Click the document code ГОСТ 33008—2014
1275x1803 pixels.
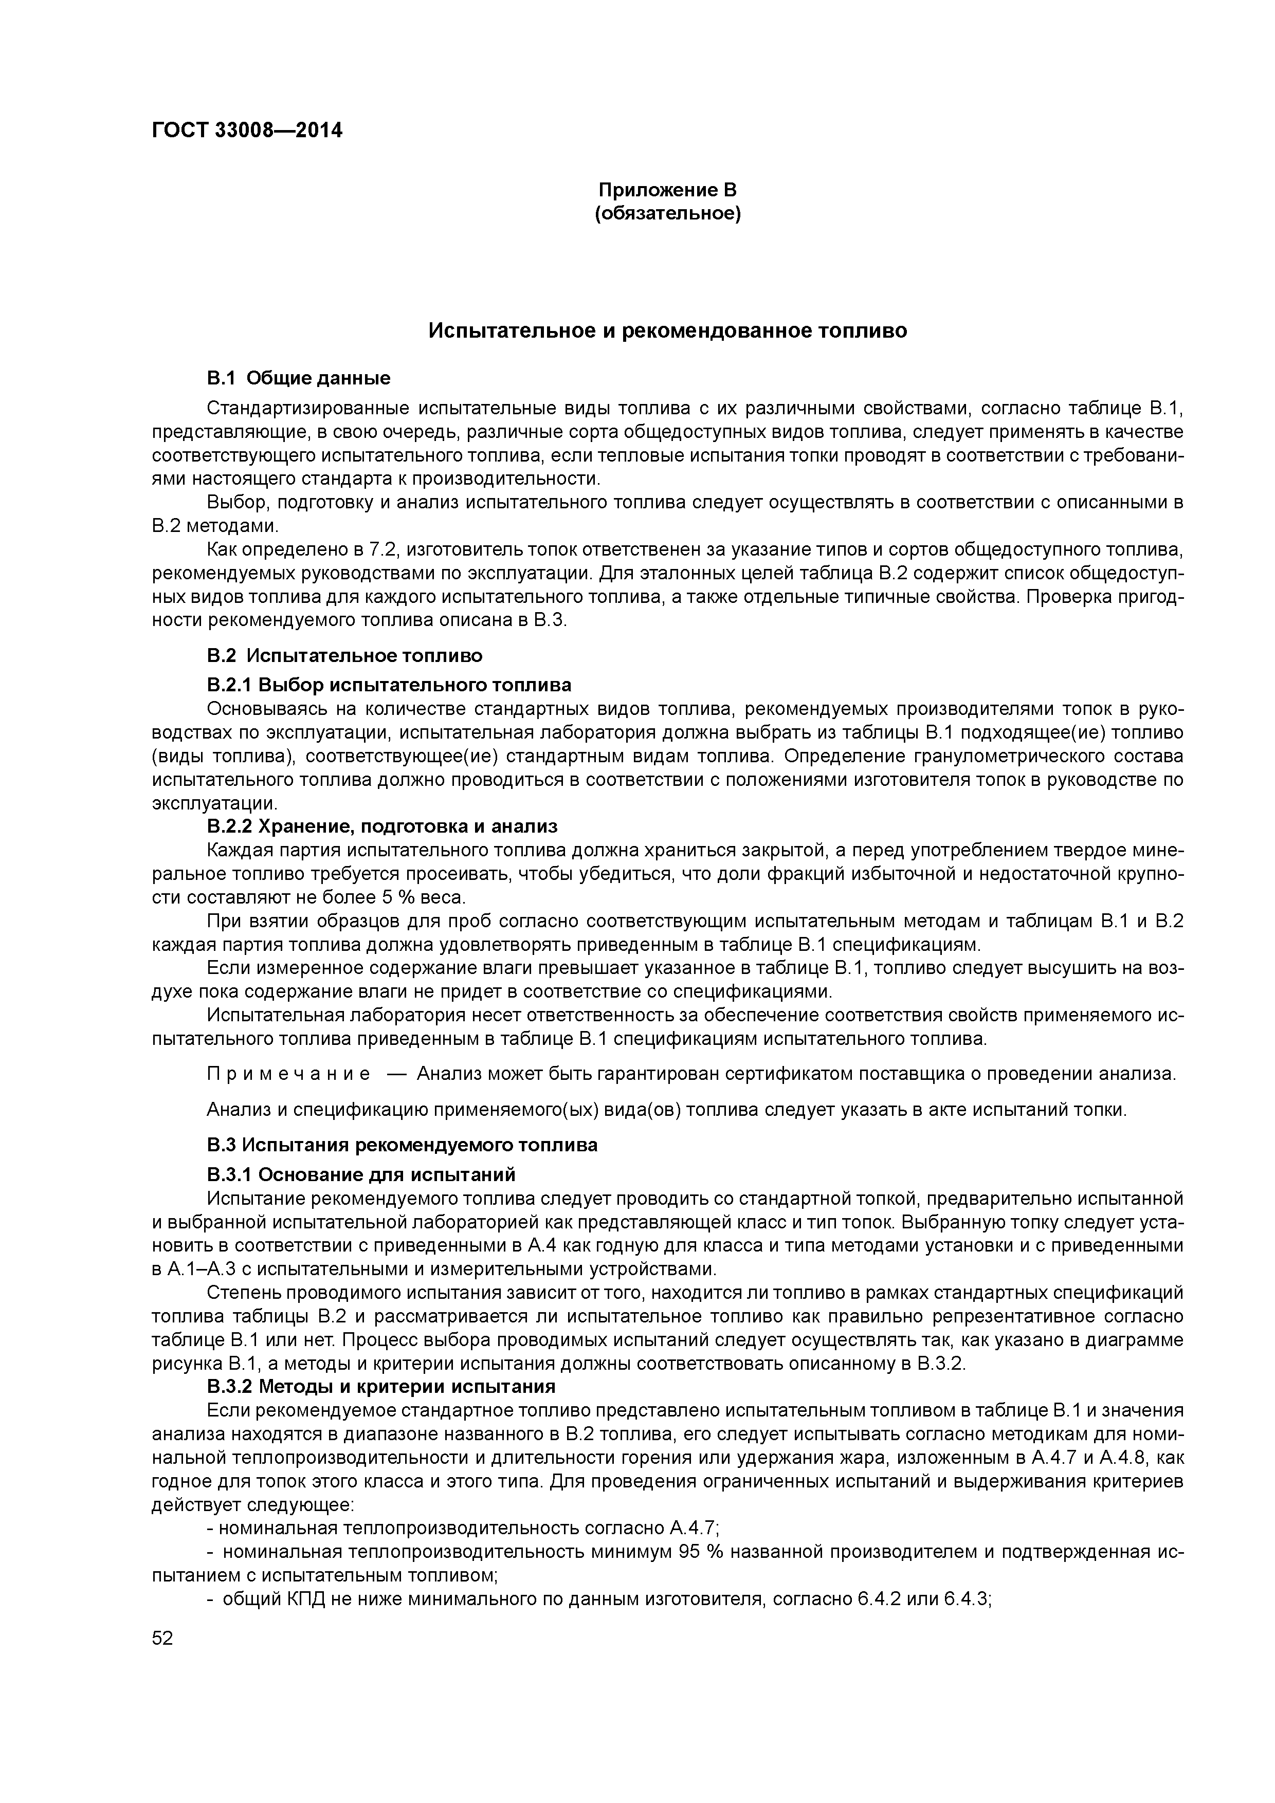[x=247, y=131]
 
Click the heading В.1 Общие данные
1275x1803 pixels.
[x=299, y=378]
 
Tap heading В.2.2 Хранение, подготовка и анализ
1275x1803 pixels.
[x=382, y=826]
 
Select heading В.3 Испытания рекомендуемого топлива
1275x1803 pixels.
[x=402, y=1145]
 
